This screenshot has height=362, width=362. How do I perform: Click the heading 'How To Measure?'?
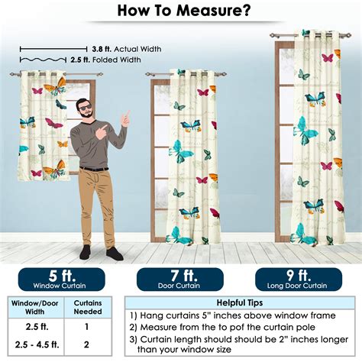pos(181,11)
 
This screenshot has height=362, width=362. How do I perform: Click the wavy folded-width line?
pos(42,60)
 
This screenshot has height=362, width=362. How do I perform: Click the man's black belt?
pos(93,168)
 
